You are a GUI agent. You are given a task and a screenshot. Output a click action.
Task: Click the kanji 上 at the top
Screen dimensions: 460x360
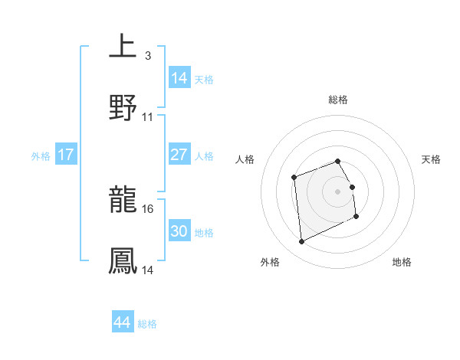click(x=123, y=46)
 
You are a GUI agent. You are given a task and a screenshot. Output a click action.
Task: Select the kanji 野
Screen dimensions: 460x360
click(x=123, y=106)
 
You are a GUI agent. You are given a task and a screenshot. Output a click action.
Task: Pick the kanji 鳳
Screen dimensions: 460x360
click(x=123, y=260)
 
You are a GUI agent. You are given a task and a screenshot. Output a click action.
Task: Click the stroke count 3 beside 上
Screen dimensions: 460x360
click(x=147, y=55)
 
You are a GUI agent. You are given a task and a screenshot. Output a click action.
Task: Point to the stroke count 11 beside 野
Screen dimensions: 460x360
click(x=148, y=116)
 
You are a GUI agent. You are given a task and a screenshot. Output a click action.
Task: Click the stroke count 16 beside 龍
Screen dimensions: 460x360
click(x=148, y=208)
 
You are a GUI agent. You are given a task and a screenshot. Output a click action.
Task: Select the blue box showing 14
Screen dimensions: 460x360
click(x=179, y=77)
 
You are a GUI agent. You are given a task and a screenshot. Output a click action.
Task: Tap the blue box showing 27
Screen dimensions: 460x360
click(x=179, y=155)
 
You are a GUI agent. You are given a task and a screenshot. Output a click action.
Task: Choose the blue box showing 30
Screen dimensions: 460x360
click(x=179, y=231)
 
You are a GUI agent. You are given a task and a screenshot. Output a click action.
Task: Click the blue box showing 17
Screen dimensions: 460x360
click(x=66, y=155)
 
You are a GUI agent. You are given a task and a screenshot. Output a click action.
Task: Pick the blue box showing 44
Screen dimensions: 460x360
click(x=122, y=323)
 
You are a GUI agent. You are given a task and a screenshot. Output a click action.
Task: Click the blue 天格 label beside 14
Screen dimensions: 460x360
click(x=204, y=79)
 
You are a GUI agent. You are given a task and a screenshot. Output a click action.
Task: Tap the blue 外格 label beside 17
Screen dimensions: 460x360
click(x=41, y=155)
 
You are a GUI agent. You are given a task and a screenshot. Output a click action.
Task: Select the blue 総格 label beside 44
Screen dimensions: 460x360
click(x=147, y=324)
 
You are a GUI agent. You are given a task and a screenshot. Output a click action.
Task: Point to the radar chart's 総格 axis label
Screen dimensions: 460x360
click(x=338, y=100)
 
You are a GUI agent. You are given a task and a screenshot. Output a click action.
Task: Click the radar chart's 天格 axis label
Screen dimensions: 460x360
click(x=432, y=159)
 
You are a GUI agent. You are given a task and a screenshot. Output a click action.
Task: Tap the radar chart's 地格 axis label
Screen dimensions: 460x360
click(x=402, y=262)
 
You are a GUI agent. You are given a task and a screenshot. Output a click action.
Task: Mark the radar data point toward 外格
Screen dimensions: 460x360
click(x=301, y=241)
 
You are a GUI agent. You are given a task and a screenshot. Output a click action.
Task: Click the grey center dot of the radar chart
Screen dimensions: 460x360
click(x=338, y=191)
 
